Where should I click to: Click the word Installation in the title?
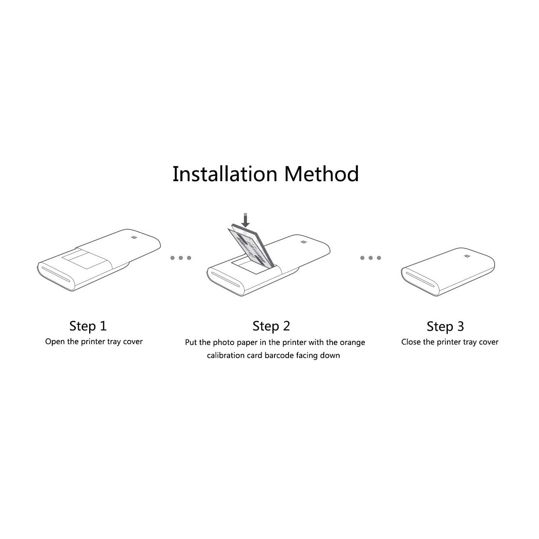[x=225, y=174]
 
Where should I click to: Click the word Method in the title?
[x=322, y=174]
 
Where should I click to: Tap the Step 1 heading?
[x=88, y=326]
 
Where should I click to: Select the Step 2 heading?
[x=271, y=326]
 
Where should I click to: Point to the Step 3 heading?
[x=445, y=326]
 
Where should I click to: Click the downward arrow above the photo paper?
[x=245, y=220]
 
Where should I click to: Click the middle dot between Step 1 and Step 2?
[x=181, y=258]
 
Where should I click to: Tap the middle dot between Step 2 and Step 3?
[x=371, y=258]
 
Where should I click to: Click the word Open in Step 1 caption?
[x=55, y=342]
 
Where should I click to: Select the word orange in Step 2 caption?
[x=352, y=343]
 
